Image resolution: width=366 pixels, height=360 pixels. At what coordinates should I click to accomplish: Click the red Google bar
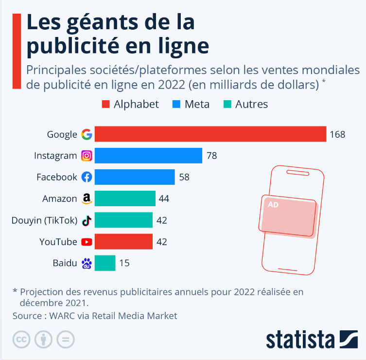coord(210,134)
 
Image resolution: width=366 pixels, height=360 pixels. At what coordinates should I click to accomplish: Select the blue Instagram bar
coord(148,156)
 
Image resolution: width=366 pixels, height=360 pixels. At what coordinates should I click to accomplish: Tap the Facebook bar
coord(135,177)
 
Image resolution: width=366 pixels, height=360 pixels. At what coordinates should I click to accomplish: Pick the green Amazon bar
coord(125,198)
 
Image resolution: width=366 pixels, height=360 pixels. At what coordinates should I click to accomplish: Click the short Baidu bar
coord(105,263)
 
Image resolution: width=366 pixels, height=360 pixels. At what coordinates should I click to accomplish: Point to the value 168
coord(337,134)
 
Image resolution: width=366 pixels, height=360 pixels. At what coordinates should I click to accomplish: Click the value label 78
coord(211,156)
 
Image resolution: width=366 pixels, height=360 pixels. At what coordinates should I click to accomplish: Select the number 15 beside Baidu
coord(124,263)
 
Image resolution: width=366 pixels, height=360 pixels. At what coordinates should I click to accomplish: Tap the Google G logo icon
coord(87,134)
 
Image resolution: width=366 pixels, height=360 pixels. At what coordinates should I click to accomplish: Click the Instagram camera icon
coord(87,156)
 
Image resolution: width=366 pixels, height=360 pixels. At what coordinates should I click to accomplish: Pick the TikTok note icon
coord(87,220)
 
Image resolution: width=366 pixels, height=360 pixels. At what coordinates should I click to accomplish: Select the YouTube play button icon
coord(87,242)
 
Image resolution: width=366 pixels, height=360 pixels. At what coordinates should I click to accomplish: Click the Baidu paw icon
coord(87,263)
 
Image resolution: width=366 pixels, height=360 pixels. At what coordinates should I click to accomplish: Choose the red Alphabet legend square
coord(105,104)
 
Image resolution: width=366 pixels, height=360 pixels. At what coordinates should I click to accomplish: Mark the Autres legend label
coord(251,104)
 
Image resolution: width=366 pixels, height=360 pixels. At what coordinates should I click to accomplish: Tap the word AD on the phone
coord(273,205)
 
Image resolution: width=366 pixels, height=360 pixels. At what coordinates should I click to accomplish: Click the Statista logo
coord(312,339)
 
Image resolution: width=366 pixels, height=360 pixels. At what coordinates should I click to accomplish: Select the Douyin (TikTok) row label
coord(44,220)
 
